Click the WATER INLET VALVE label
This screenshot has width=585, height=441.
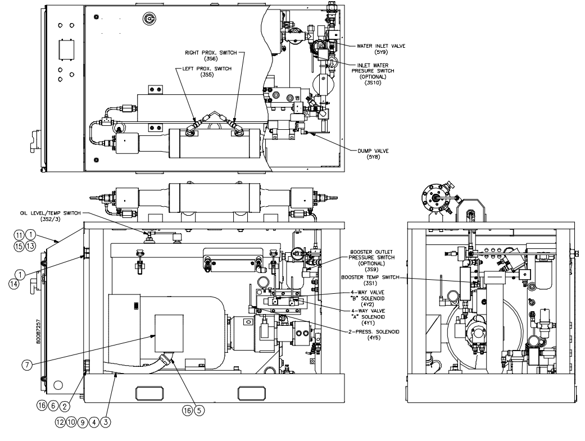(x=381, y=46)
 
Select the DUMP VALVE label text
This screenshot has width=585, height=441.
(x=373, y=151)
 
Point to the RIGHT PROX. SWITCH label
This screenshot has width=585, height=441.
(x=211, y=53)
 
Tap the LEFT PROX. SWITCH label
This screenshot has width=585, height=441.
(x=207, y=69)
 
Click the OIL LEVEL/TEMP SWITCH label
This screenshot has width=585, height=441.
(x=51, y=213)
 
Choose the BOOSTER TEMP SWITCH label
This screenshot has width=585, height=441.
(x=370, y=277)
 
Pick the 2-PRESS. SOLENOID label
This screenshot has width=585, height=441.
(x=374, y=331)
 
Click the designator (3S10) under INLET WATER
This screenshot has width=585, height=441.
(x=373, y=83)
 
